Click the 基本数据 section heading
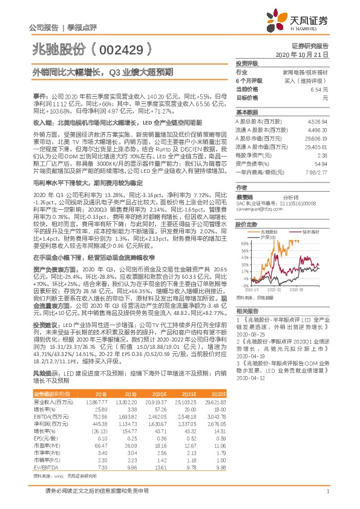pos(246,112)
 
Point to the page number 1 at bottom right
pos(327,491)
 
